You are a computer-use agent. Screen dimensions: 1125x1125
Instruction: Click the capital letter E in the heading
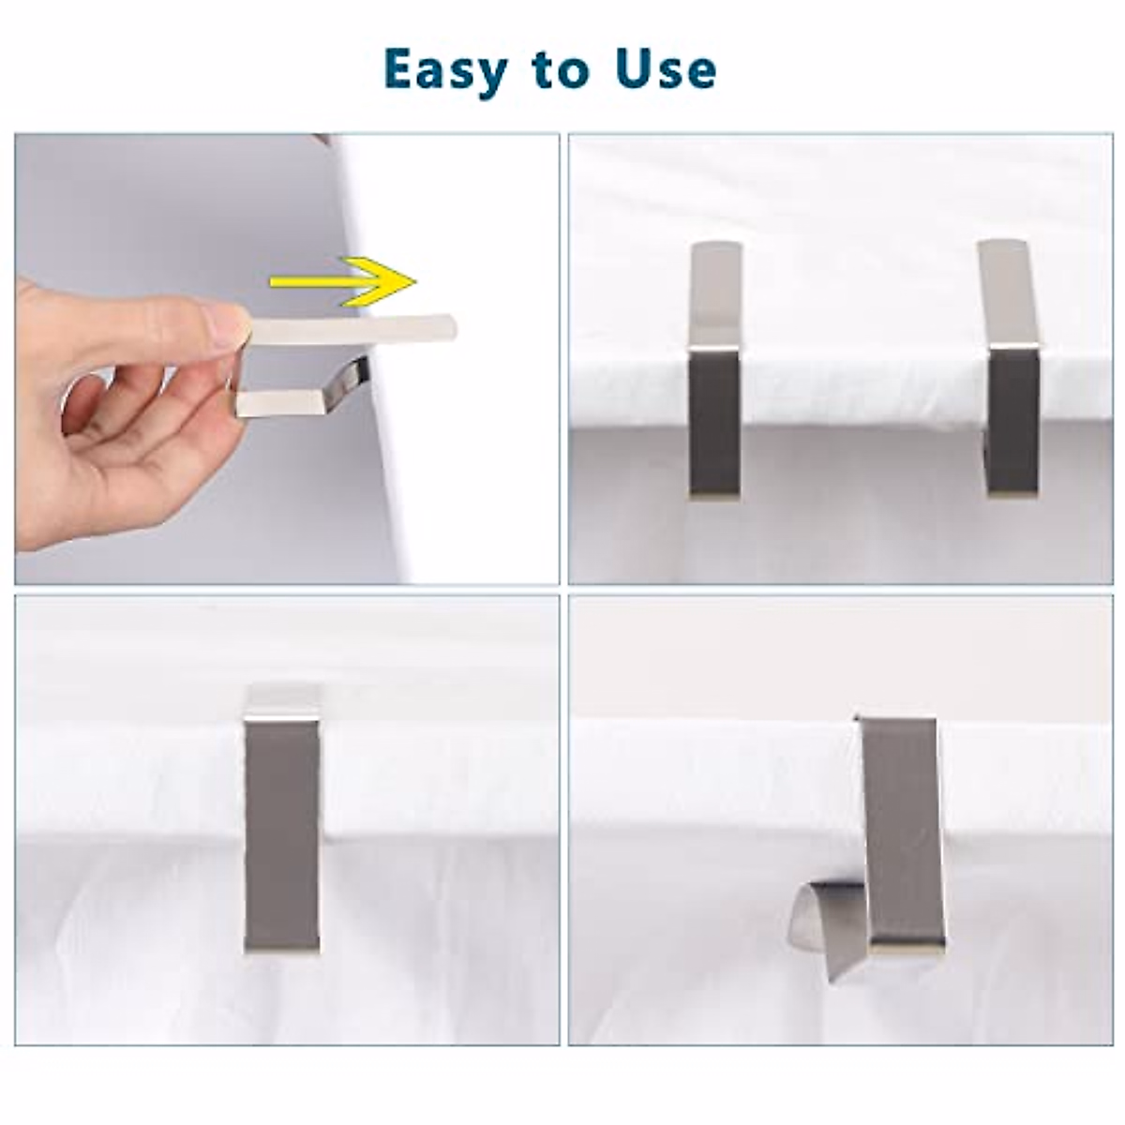tap(400, 68)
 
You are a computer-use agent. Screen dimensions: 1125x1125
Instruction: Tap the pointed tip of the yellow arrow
tap(413, 280)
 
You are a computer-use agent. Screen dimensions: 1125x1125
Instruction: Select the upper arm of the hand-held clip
tap(356, 328)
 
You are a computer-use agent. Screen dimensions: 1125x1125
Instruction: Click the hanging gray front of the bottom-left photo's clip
tap(281, 834)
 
